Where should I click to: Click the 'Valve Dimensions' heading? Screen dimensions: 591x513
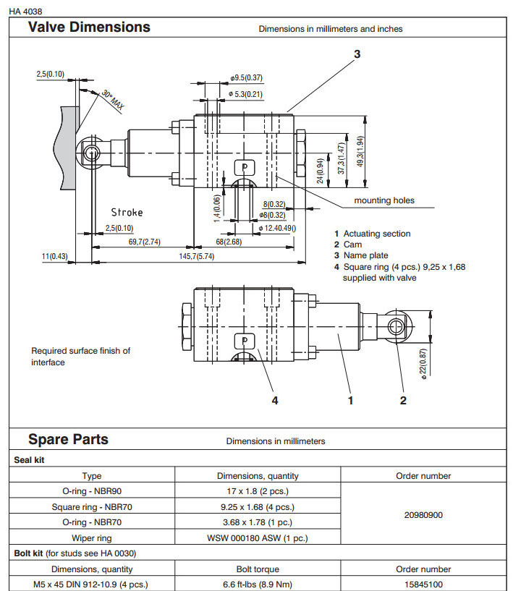coord(89,27)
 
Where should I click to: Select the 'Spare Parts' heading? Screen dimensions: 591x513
coord(68,439)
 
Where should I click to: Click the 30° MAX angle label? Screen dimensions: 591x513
coord(113,101)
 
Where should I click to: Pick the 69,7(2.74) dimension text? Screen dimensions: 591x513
coord(144,241)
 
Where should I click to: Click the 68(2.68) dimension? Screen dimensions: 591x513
coord(229,241)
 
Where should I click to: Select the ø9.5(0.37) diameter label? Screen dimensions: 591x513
coord(246,78)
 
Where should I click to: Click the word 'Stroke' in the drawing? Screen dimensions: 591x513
coord(127,213)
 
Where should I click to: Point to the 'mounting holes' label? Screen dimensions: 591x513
coord(384,200)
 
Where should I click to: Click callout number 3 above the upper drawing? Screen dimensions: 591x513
coord(357,54)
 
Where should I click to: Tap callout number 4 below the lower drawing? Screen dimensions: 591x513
coord(274,400)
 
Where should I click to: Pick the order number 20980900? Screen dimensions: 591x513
coord(423,515)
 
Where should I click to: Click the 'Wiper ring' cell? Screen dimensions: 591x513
coord(92,537)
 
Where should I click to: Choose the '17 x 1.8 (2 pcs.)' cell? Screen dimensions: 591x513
coord(258,492)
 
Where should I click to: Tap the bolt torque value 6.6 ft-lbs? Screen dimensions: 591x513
coord(258,584)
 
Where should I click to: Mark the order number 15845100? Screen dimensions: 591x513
coord(423,584)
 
